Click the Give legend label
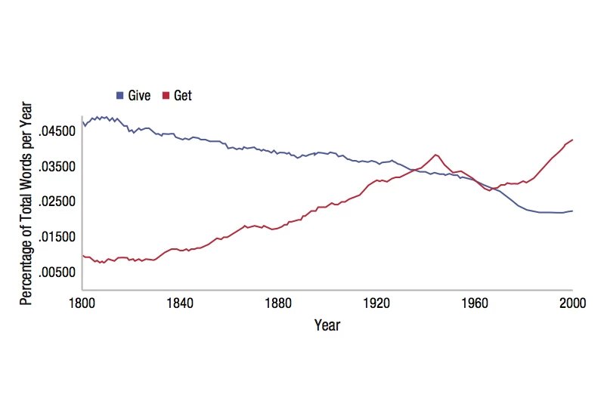tap(140, 95)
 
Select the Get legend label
tap(183, 95)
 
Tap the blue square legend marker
tap(119, 96)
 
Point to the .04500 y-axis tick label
tap(55, 131)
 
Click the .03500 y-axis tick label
tap(55, 167)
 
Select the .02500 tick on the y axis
tap(55, 202)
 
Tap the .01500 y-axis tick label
tap(55, 237)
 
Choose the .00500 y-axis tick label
tap(55, 272)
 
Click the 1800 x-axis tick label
tap(82, 303)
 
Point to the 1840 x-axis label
tap(180, 303)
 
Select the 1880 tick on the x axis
tap(278, 303)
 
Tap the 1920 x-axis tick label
tap(376, 303)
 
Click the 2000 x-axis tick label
tap(572, 303)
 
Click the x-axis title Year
tap(327, 326)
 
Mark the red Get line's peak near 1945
tap(435, 155)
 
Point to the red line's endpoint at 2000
tap(572, 140)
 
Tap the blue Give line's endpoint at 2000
tap(572, 211)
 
